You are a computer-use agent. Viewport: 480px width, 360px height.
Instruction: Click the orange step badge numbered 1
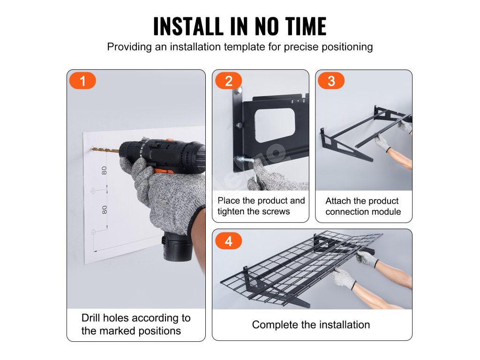coord(82,81)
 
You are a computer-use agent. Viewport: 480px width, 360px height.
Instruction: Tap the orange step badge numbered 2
coord(229,81)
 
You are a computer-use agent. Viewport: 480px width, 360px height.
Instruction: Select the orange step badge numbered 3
coord(331,81)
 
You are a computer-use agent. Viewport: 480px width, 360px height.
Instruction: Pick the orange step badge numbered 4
coord(229,241)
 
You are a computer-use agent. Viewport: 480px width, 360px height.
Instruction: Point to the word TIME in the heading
coord(306,26)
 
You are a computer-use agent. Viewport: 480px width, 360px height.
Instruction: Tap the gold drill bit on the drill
coord(105,150)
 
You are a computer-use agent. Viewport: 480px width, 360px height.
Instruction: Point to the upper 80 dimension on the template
coord(105,171)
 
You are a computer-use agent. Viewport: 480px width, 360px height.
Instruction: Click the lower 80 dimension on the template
coord(105,210)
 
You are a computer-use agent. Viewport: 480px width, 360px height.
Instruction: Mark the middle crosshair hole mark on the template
coord(93,191)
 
